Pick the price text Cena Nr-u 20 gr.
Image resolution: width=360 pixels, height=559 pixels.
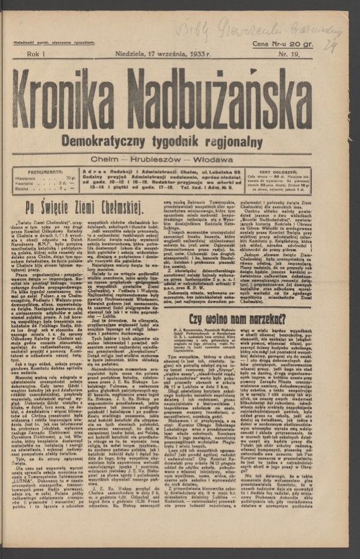pyautogui.click(x=282, y=43)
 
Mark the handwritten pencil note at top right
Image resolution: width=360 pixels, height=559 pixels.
pyautogui.click(x=261, y=30)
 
